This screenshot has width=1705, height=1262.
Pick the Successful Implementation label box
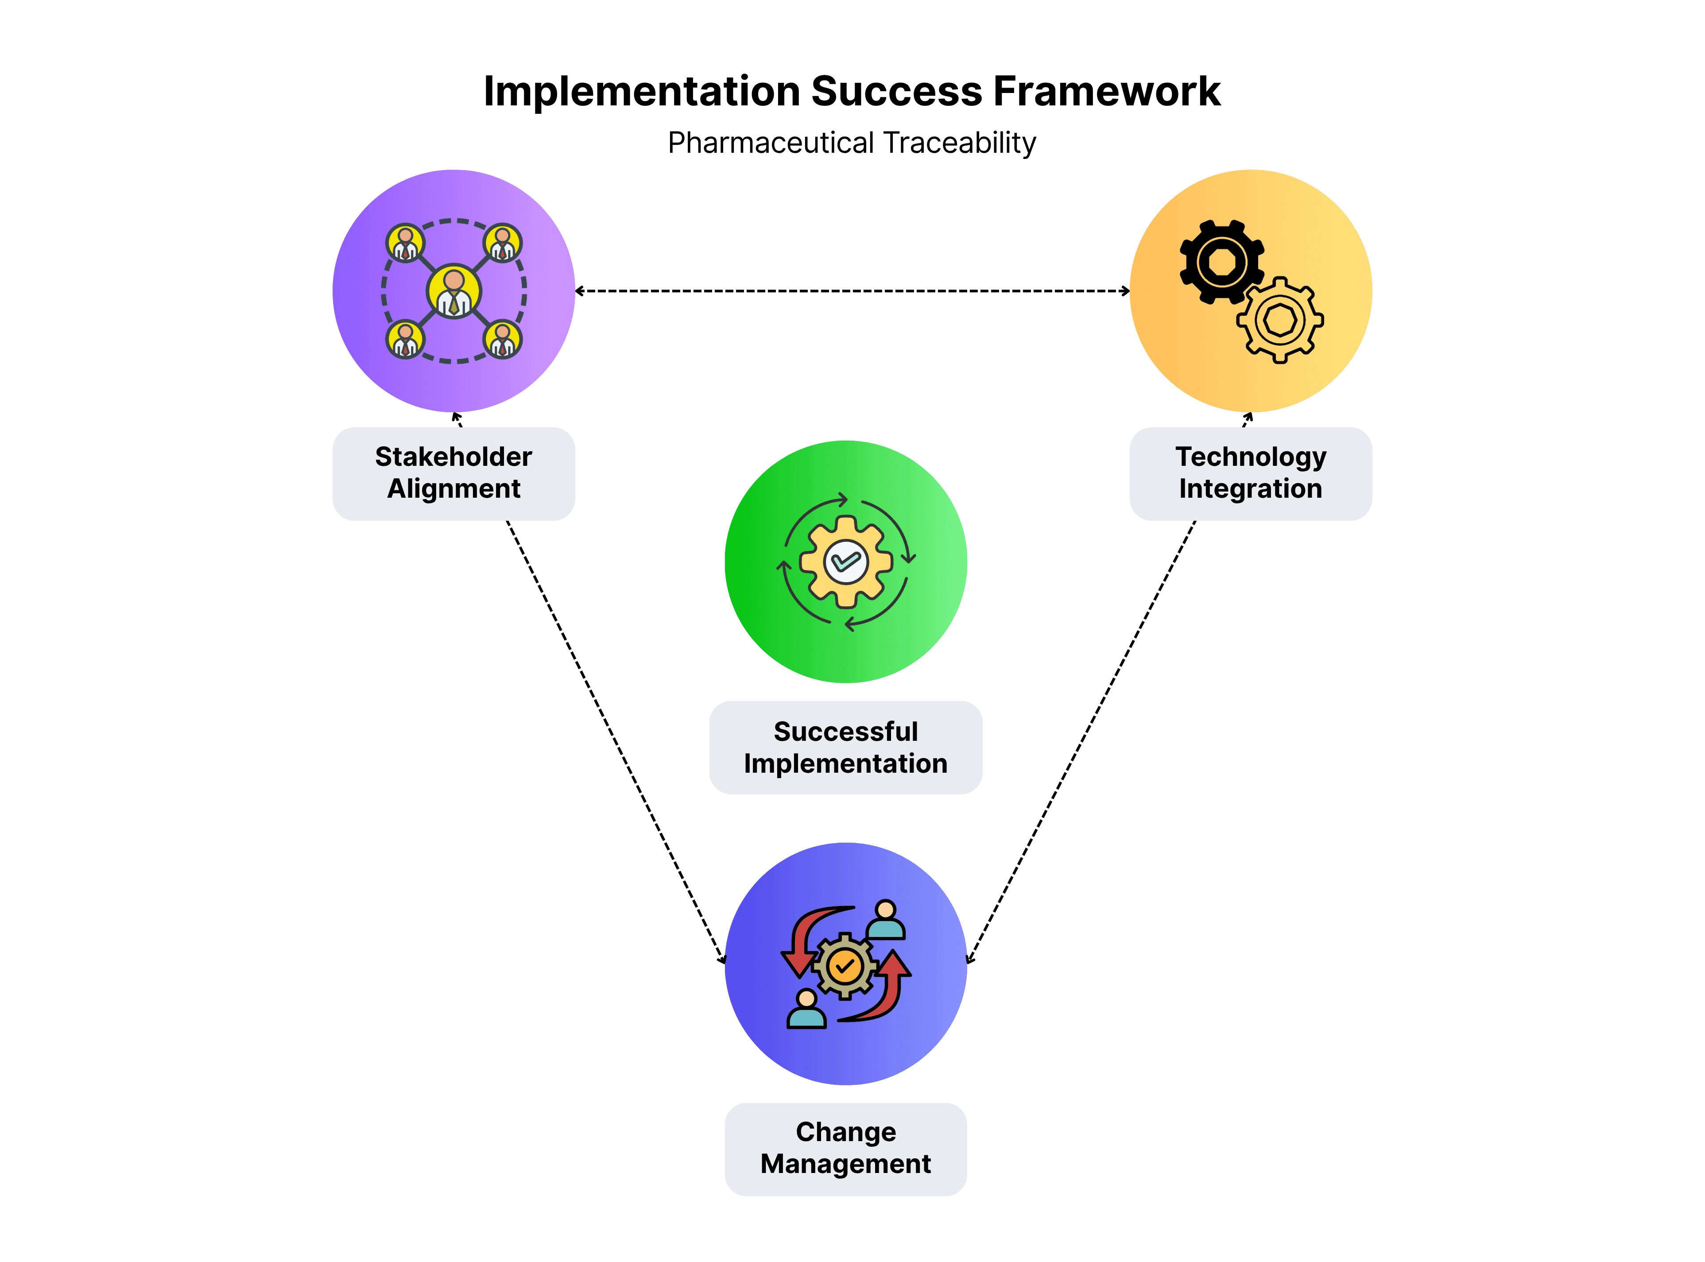click(x=845, y=747)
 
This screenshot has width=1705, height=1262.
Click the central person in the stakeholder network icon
click(x=454, y=291)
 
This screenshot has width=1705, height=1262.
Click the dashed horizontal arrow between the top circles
click(x=852, y=291)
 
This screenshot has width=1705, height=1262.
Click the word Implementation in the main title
click(x=642, y=92)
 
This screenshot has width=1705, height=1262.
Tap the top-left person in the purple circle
click(x=405, y=243)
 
